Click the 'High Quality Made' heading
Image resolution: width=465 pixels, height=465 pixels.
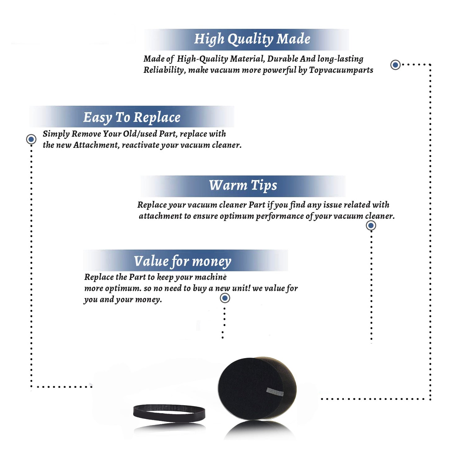(252, 39)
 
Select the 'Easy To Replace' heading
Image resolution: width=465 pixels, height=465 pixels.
(132, 118)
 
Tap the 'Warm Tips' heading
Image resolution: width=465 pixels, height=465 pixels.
(243, 185)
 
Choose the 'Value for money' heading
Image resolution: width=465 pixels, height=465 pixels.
(183, 261)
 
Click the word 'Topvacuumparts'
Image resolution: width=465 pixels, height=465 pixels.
(341, 70)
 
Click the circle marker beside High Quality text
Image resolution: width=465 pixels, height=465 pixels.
(395, 65)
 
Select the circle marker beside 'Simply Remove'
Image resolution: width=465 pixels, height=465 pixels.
(31, 139)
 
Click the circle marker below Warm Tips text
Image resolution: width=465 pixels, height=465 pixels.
(371, 225)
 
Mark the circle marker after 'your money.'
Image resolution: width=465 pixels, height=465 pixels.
(225, 298)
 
